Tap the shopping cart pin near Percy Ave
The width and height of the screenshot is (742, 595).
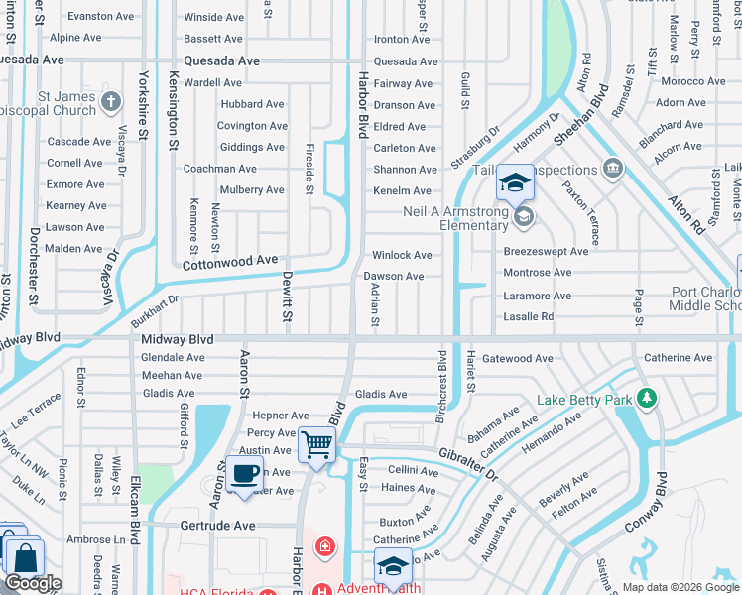pyautogui.click(x=316, y=444)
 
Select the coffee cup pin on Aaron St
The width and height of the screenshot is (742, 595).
pyautogui.click(x=244, y=473)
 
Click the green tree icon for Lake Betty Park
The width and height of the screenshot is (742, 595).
pyautogui.click(x=648, y=399)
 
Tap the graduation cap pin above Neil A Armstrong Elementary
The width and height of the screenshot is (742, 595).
pyautogui.click(x=515, y=182)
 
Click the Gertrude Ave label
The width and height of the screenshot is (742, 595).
pyautogui.click(x=217, y=525)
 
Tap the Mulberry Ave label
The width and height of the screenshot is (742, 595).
pyautogui.click(x=252, y=189)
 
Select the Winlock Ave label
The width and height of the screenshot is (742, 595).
pyautogui.click(x=402, y=255)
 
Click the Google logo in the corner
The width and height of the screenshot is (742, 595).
pyautogui.click(x=33, y=583)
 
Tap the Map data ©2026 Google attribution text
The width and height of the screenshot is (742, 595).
pyautogui.click(x=680, y=587)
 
